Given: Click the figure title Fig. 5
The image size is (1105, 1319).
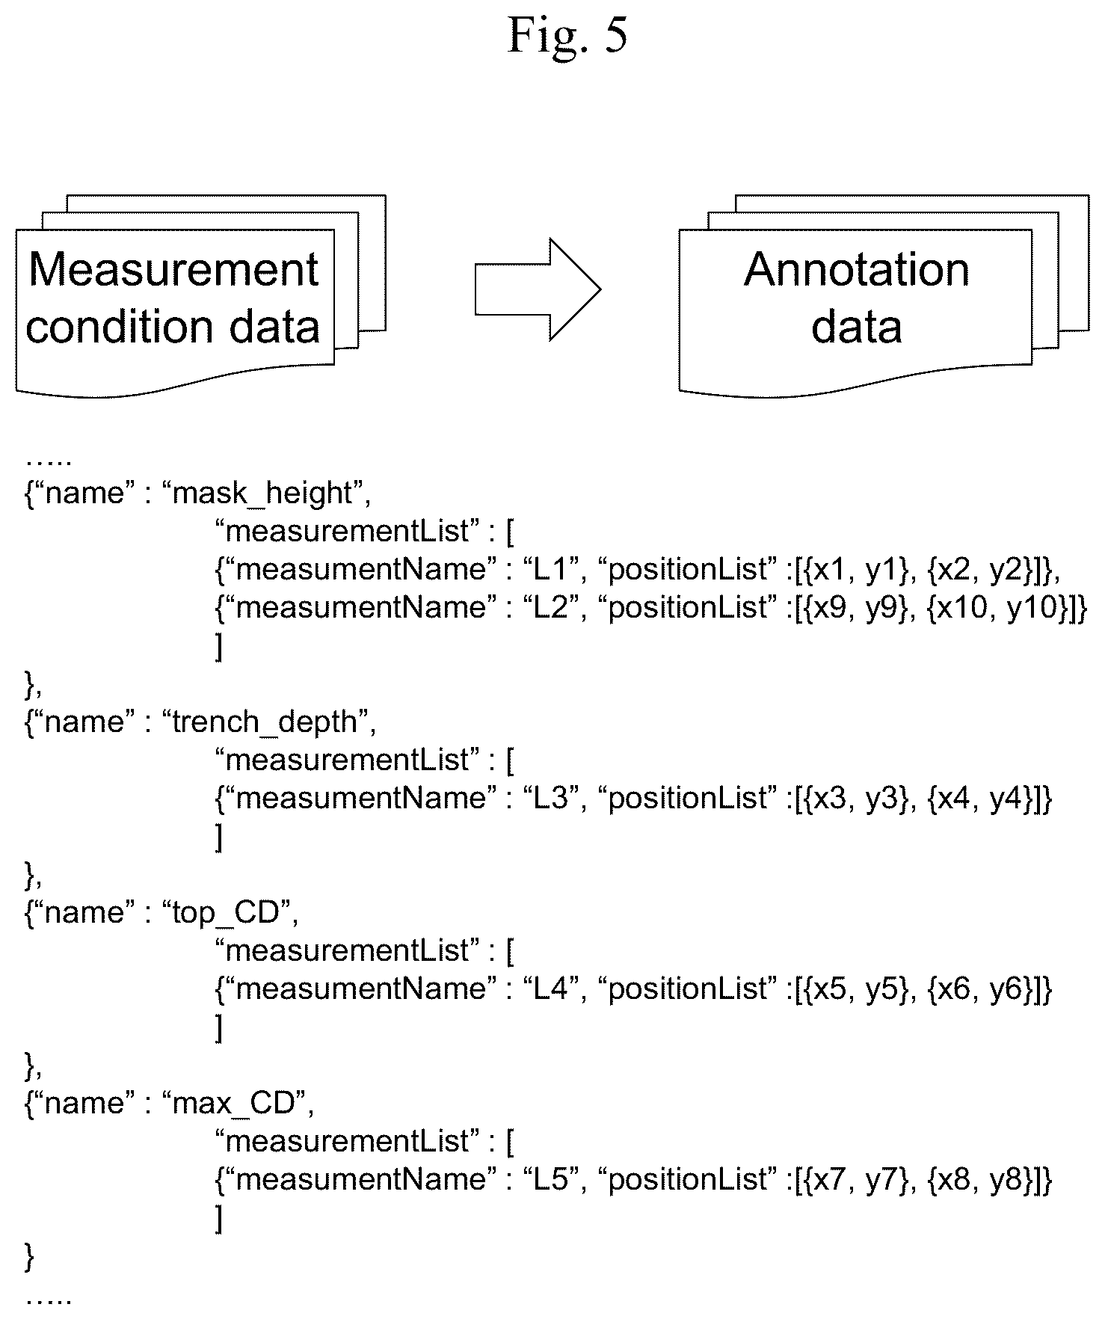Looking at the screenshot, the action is click(567, 34).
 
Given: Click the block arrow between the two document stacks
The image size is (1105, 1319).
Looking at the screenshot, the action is click(538, 289).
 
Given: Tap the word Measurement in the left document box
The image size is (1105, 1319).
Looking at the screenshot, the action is click(173, 269).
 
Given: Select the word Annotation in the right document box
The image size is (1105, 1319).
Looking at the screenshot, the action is click(857, 269).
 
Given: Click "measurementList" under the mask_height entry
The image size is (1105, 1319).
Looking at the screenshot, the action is click(346, 532).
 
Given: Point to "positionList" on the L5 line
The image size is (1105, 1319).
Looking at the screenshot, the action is click(689, 1180).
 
